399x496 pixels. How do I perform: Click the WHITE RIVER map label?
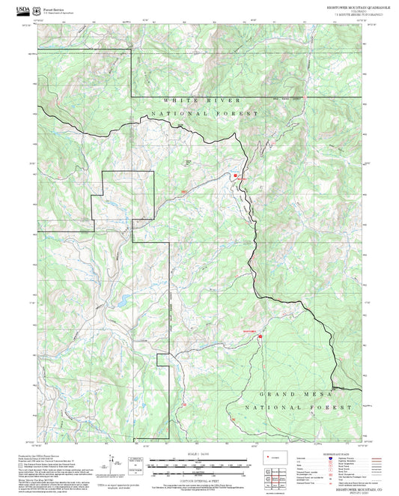click(x=204, y=100)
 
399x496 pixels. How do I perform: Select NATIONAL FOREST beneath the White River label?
click(x=204, y=114)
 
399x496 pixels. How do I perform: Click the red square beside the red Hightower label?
click(x=260, y=336)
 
